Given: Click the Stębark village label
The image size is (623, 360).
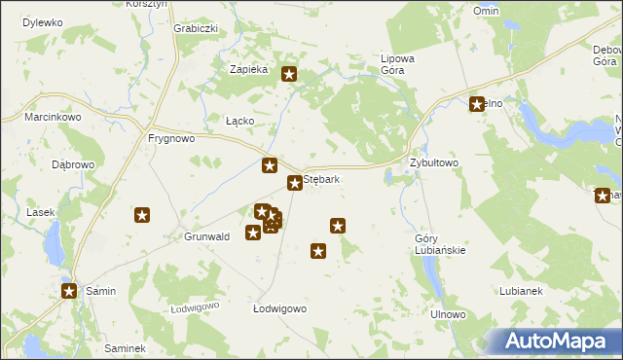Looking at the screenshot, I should (322, 180).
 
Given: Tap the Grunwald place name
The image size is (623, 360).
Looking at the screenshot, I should (206, 236).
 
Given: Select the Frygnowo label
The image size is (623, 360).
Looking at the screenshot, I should (171, 138).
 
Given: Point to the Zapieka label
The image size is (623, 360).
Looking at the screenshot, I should (247, 70).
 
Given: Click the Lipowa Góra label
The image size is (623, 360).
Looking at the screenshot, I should (397, 64).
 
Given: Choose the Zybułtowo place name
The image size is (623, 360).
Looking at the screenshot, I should (433, 162).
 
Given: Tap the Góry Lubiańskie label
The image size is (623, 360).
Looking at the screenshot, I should (440, 243).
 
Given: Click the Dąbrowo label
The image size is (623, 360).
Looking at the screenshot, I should (73, 164).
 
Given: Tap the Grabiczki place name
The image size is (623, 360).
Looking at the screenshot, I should (195, 28).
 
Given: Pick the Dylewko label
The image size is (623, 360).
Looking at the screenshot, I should (42, 21).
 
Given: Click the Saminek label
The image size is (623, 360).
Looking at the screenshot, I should (125, 348).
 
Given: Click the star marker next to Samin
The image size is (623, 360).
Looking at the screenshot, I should (69, 290).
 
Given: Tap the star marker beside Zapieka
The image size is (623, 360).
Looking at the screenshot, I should (289, 73).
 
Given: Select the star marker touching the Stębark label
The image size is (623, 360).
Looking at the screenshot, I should (294, 183).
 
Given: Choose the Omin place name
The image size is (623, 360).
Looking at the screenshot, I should (486, 11).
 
